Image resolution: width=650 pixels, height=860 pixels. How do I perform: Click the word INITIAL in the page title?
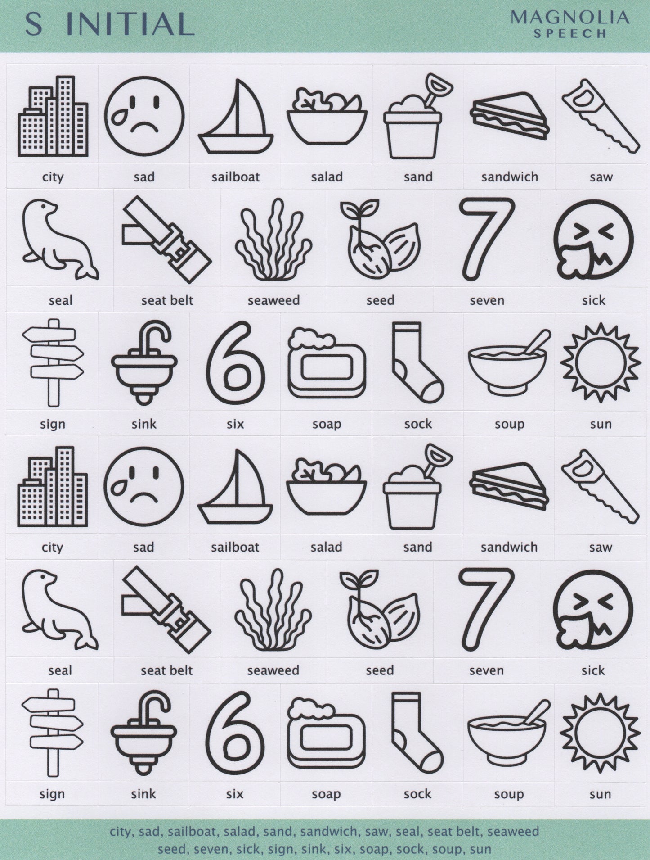(130, 24)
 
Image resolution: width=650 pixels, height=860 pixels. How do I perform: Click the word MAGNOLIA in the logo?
(569, 18)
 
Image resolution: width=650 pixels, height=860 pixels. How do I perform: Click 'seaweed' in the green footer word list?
(513, 831)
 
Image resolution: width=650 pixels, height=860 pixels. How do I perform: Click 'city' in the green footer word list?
(121, 831)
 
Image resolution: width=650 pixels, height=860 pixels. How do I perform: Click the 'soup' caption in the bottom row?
(509, 794)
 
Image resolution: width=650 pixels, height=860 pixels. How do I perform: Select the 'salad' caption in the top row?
(327, 177)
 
